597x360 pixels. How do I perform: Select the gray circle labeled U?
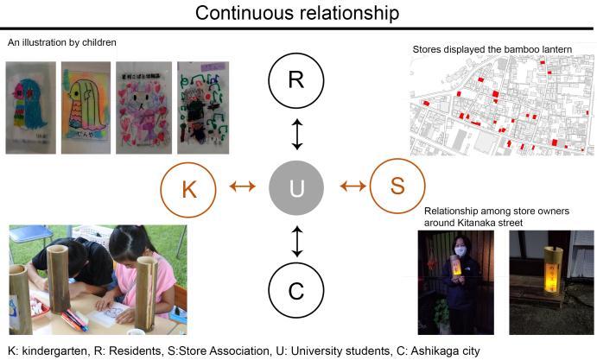pos(296,186)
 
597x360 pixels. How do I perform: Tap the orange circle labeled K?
pos(189,186)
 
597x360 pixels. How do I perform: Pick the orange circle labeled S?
pos(397,186)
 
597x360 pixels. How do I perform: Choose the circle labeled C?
pos(296,290)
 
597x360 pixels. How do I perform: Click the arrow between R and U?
pos(297,135)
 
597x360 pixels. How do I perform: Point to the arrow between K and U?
pos(242,186)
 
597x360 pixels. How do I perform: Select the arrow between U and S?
pos(352,186)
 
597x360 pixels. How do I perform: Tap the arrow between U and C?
pos(297,241)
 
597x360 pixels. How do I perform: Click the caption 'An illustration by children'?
pos(61,41)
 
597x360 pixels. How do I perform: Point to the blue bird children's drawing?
pos(30,107)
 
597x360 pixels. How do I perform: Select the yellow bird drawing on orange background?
pos(86,107)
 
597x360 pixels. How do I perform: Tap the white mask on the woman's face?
pos(460,251)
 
